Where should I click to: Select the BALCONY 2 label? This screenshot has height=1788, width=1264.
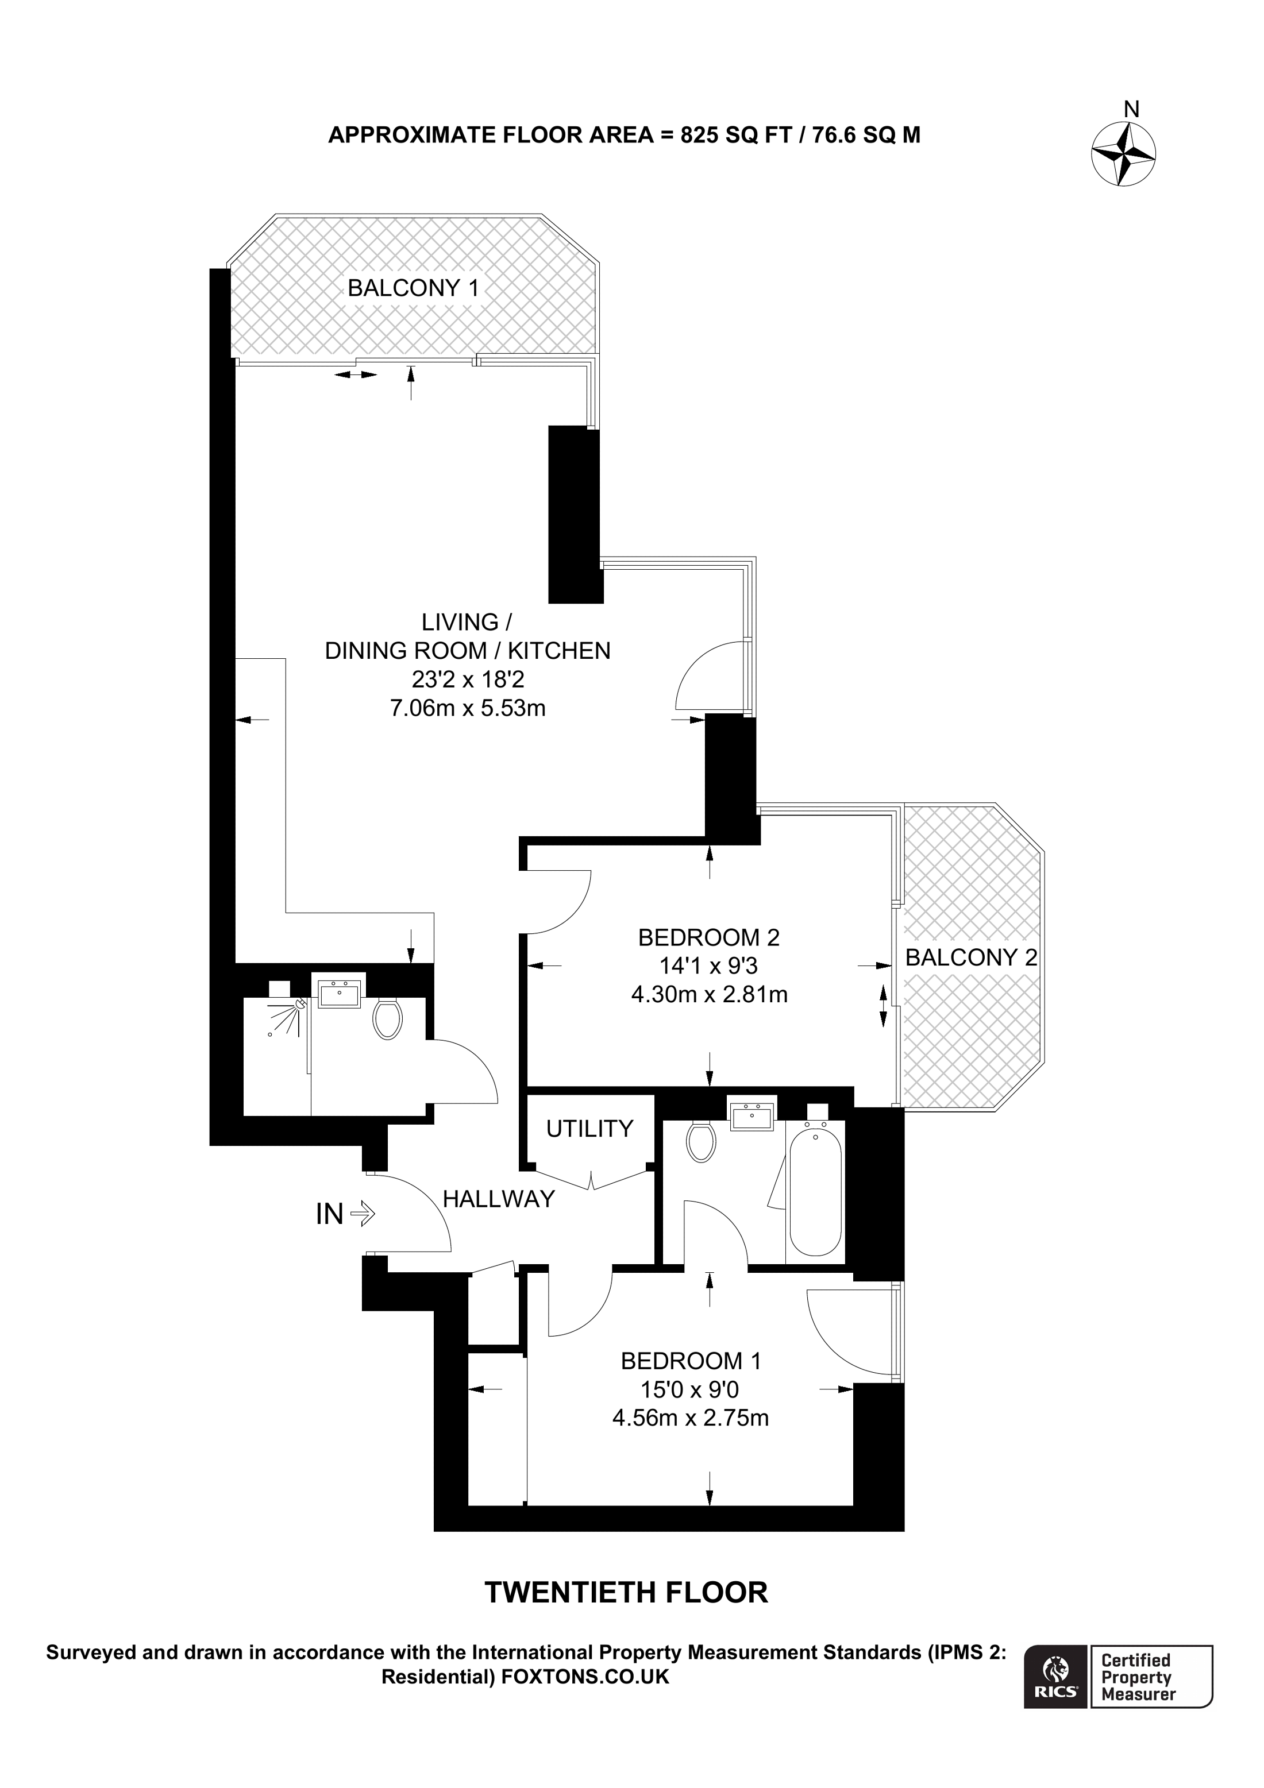[x=970, y=957]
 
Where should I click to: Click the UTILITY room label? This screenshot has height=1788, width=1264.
[x=589, y=1129]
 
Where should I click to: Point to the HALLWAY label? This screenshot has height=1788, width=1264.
[x=499, y=1199]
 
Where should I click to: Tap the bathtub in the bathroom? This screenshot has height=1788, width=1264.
[x=815, y=1191]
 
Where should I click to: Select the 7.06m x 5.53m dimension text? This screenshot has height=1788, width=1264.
[x=467, y=709]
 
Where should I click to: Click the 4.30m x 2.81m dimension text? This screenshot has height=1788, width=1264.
[x=709, y=994]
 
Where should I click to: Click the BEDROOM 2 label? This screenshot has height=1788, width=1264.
[x=709, y=937]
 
